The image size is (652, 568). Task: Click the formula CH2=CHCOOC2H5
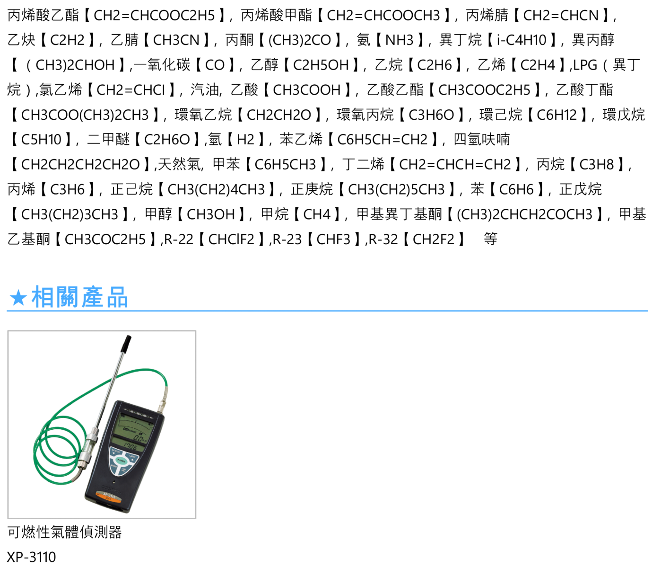pos(155,15)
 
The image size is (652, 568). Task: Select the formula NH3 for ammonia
pos(400,40)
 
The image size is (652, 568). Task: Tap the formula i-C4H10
pos(522,40)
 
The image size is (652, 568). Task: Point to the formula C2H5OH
pos(321,65)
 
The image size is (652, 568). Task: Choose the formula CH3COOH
pos(307,90)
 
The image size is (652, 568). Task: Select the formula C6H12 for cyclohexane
pos(556,115)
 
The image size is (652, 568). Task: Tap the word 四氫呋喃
pos(482,140)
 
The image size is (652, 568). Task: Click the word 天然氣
pos(179,165)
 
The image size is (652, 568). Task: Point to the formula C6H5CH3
pos(285,165)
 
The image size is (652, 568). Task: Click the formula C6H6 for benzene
pos(516,189)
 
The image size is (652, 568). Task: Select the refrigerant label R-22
pos(178,239)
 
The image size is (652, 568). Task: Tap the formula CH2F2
pos(434,239)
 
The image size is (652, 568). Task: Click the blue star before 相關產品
pos(18,298)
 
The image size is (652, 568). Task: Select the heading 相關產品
pos(79,297)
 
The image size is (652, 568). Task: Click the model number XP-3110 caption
pos(31,557)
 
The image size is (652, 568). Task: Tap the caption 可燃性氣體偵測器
pos(64,532)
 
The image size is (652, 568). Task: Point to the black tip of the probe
pos(127,343)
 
